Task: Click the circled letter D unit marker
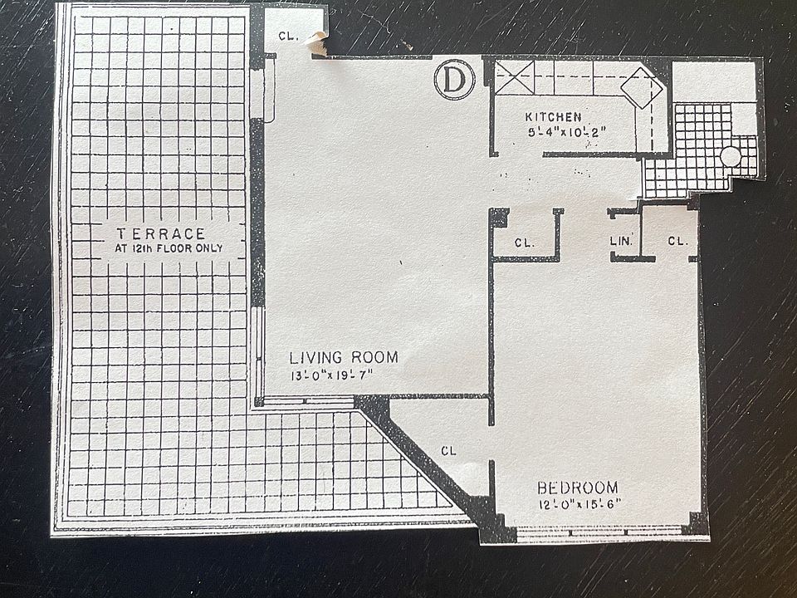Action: pyautogui.click(x=454, y=80)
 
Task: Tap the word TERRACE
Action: pyautogui.click(x=160, y=234)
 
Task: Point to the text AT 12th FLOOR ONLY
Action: pyautogui.click(x=169, y=248)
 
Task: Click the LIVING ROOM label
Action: pyautogui.click(x=344, y=357)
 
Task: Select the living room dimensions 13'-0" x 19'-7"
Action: pyautogui.click(x=332, y=376)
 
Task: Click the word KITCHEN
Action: pyautogui.click(x=553, y=117)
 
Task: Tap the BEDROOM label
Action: pyautogui.click(x=578, y=488)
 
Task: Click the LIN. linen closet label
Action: pyautogui.click(x=621, y=241)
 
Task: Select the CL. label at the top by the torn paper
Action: pyautogui.click(x=288, y=36)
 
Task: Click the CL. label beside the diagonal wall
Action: pyautogui.click(x=448, y=450)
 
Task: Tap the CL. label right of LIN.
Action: pyautogui.click(x=678, y=241)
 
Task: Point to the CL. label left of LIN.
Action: pyautogui.click(x=525, y=243)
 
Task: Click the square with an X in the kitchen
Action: pyautogui.click(x=515, y=77)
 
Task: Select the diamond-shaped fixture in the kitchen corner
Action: pyautogui.click(x=642, y=87)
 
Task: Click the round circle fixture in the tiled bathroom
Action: pyautogui.click(x=731, y=156)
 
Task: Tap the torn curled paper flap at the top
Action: pyautogui.click(x=318, y=42)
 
